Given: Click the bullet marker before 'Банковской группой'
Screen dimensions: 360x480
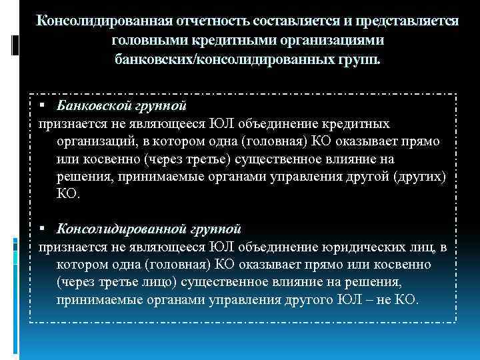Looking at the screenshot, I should pos(41,106).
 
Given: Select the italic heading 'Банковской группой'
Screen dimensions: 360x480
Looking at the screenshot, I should pos(121,106).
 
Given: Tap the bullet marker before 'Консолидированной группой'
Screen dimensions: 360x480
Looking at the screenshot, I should pos(41,229).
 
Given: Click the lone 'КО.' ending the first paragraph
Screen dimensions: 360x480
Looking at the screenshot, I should pos(69,194).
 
